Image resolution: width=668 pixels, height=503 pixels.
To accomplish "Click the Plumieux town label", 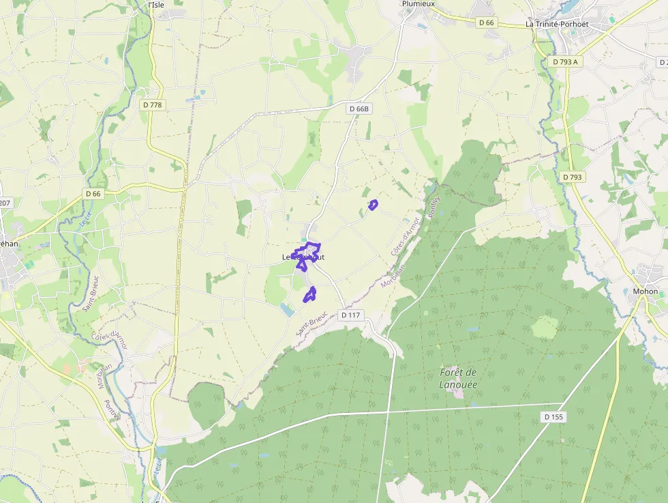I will (x=419, y=3).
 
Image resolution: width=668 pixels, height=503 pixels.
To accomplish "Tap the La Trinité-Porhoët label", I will (x=556, y=24).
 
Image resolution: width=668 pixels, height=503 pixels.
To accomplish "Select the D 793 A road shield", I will (x=566, y=61).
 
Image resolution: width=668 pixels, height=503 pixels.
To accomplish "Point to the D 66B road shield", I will (x=359, y=109).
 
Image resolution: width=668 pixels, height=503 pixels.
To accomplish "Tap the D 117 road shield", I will (x=350, y=315).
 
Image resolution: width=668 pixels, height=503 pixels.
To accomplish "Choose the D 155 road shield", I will (x=555, y=416).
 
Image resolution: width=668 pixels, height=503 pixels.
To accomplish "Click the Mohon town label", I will (x=645, y=291).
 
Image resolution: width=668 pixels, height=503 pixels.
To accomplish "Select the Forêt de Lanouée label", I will (x=458, y=378).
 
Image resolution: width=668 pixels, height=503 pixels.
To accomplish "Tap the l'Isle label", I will (x=156, y=4).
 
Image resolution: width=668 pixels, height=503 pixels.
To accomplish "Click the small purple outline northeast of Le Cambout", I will (x=373, y=204).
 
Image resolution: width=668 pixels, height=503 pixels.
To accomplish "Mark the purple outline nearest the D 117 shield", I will (x=310, y=294).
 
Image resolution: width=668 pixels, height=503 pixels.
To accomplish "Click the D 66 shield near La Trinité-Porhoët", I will (x=486, y=23).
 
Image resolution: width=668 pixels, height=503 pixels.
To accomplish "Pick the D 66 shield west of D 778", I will (x=93, y=194).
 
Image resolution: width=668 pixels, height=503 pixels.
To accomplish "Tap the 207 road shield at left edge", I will (x=5, y=203).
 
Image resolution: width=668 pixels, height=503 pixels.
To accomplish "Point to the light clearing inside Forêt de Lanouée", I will (x=545, y=328).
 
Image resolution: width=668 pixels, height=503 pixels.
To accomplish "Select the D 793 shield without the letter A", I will (x=573, y=177).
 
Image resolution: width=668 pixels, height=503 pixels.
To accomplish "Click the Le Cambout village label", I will (x=303, y=257).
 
